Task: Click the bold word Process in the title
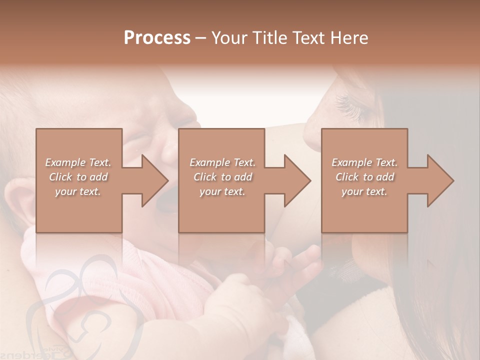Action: tap(157, 38)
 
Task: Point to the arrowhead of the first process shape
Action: tap(155, 180)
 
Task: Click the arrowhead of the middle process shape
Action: tap(298, 180)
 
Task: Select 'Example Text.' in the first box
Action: tap(78, 162)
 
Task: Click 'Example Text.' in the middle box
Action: tap(222, 162)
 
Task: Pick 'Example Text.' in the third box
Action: tap(364, 162)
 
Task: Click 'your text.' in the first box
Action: tap(78, 191)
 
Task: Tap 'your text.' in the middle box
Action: tap(222, 191)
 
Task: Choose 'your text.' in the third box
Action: tap(364, 191)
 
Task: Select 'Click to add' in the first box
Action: tap(78, 177)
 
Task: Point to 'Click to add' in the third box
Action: tap(364, 177)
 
